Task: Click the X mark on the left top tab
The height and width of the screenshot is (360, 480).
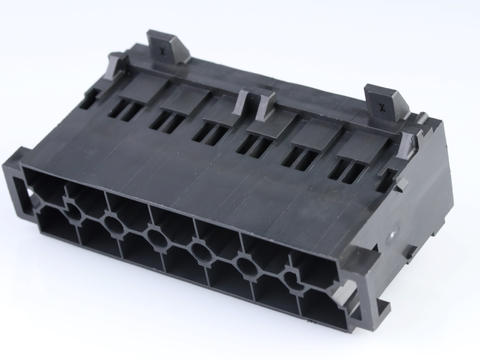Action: tap(161, 44)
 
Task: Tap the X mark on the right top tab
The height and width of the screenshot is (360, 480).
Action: tap(380, 101)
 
